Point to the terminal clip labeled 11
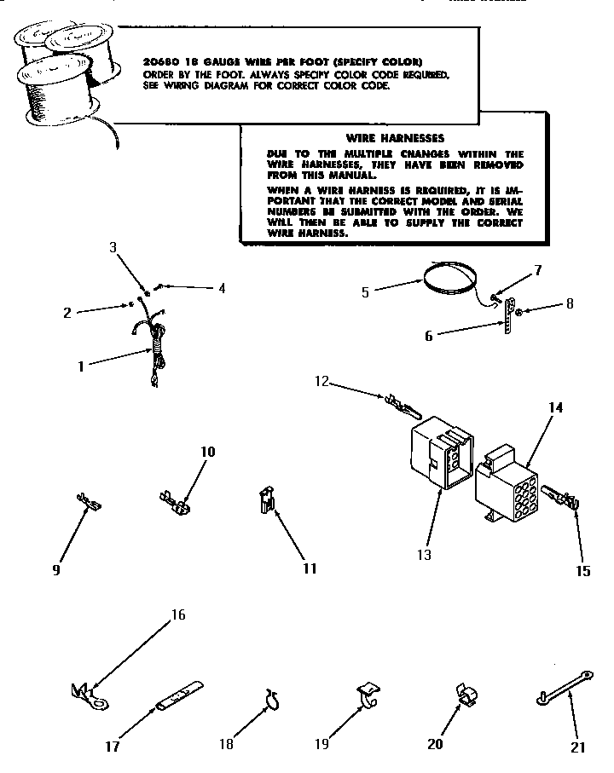(266, 501)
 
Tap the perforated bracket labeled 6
(509, 315)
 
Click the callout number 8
(571, 302)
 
